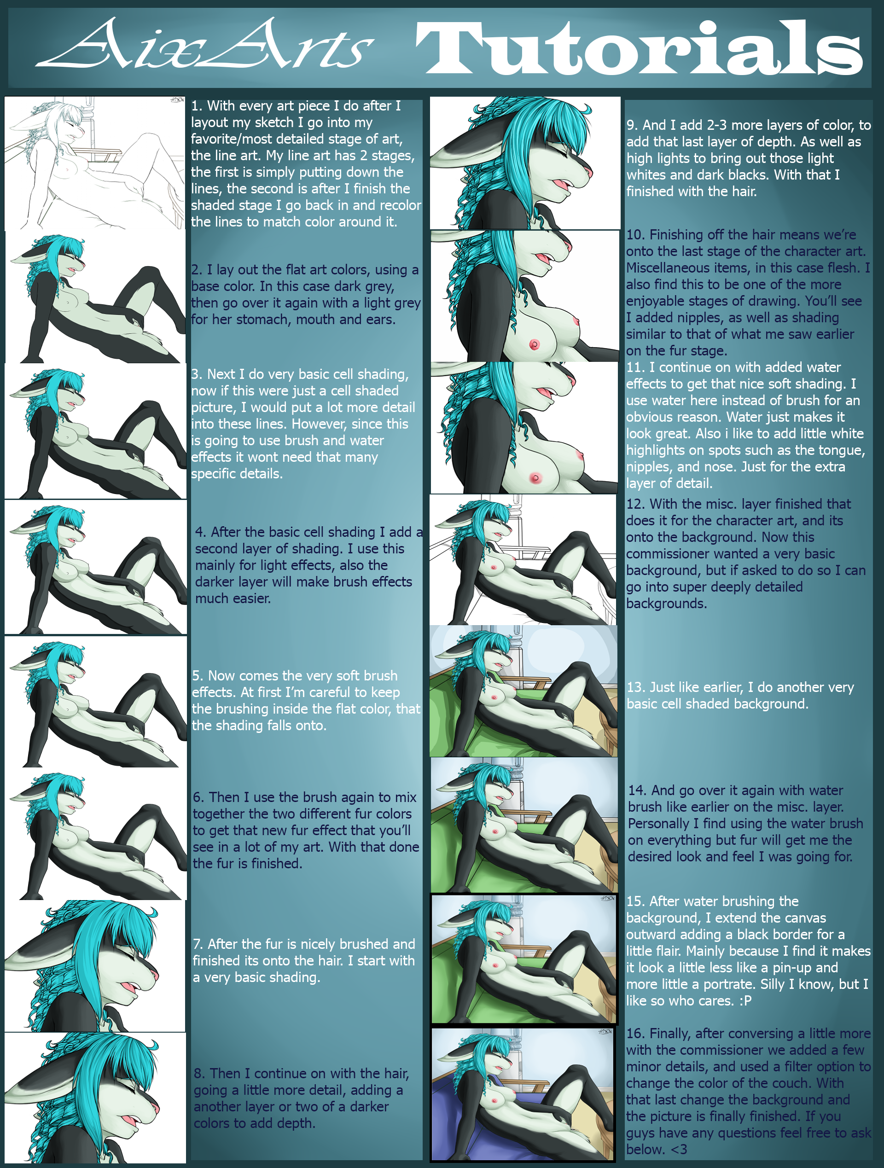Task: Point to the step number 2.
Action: point(197,270)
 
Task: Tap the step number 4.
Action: point(201,532)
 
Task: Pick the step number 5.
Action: point(198,676)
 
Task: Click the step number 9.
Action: point(633,125)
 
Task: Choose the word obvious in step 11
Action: point(650,417)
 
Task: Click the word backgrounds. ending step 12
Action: point(666,604)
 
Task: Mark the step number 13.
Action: point(636,687)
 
